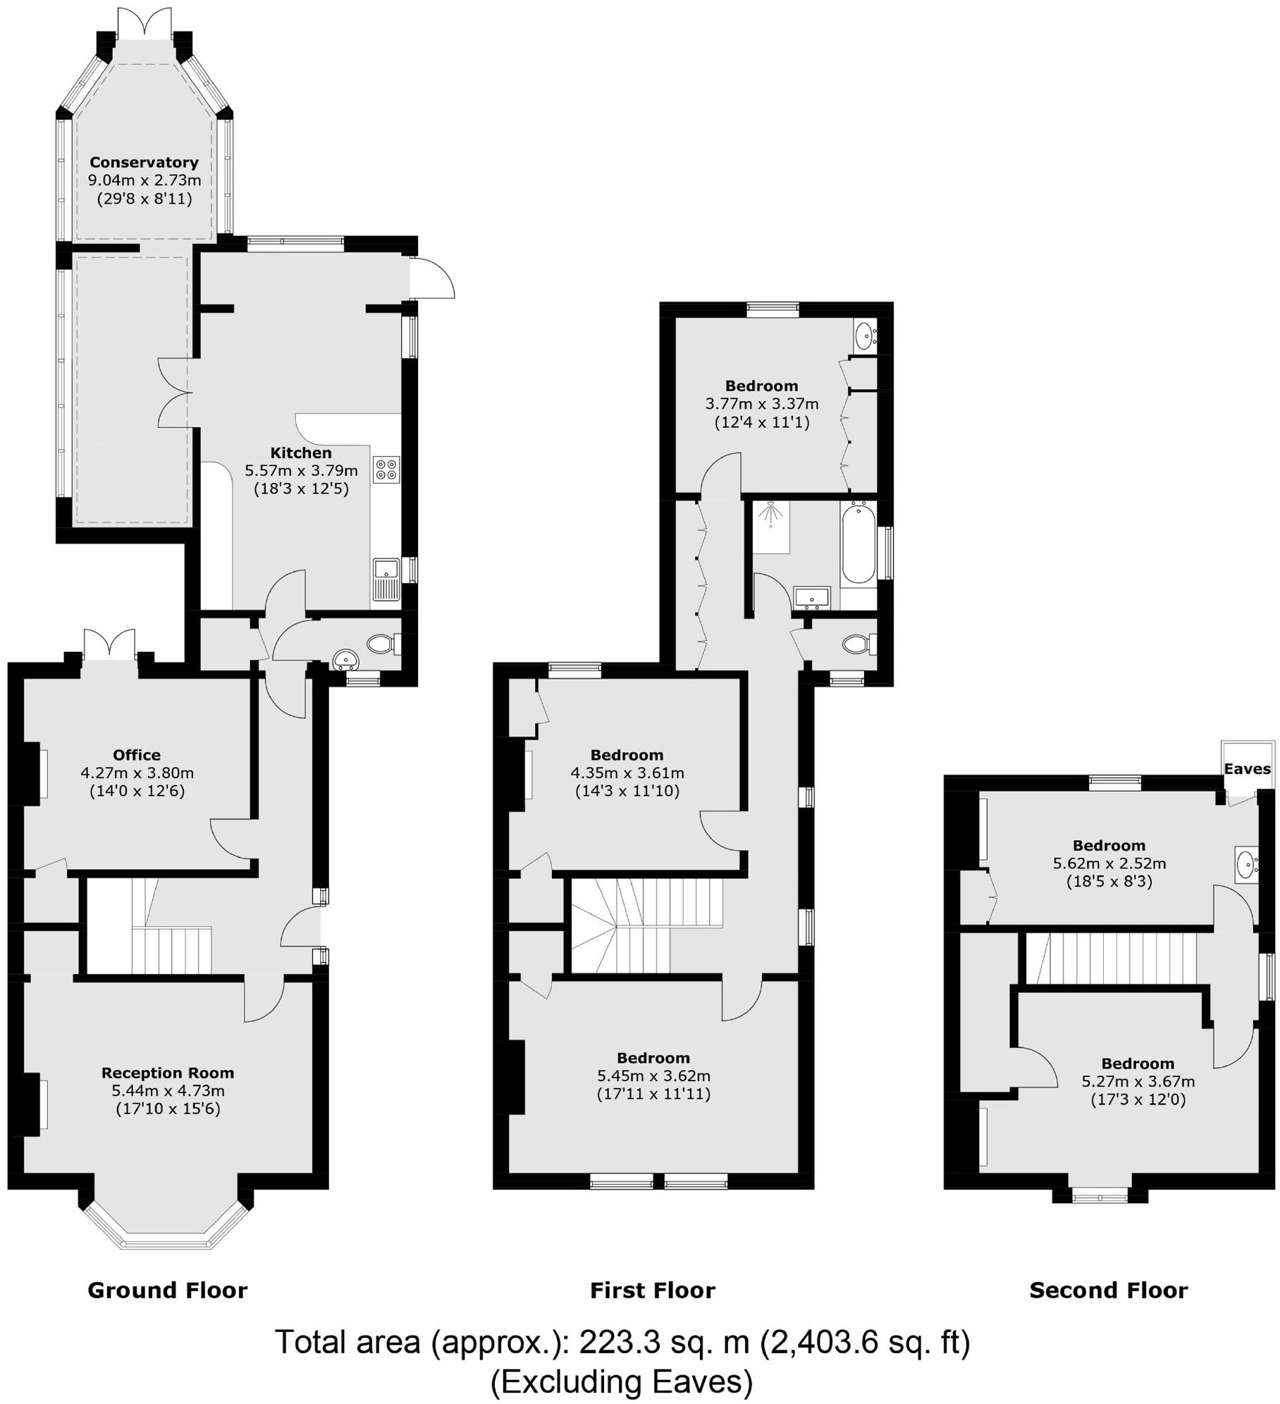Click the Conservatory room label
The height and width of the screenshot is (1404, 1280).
point(144,163)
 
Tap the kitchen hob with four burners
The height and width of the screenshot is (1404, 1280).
point(386,469)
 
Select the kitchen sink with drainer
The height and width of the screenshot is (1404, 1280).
point(386,579)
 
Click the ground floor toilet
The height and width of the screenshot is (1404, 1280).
point(381,643)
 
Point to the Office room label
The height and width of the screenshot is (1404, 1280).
point(137,755)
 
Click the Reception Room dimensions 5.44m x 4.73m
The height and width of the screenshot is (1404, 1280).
point(168,1091)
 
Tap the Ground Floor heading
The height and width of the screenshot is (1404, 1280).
point(167,1291)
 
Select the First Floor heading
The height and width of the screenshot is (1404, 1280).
point(652,1291)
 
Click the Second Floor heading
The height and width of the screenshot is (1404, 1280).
point(1108,1291)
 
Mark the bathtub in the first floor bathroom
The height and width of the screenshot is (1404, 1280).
point(858,543)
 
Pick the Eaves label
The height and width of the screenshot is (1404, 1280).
point(1247,769)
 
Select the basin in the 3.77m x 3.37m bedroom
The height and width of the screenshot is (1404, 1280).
point(864,335)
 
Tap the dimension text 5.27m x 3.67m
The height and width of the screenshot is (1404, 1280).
point(1138,1081)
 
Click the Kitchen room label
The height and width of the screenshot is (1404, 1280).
point(301,452)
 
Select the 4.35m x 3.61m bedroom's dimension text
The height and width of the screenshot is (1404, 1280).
point(627,772)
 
